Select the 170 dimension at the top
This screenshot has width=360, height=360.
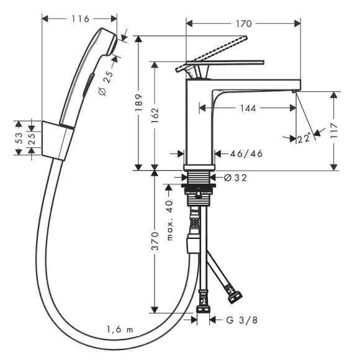[244, 24]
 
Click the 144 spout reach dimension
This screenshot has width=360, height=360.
[248, 108]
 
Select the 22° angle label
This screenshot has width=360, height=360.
[304, 139]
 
